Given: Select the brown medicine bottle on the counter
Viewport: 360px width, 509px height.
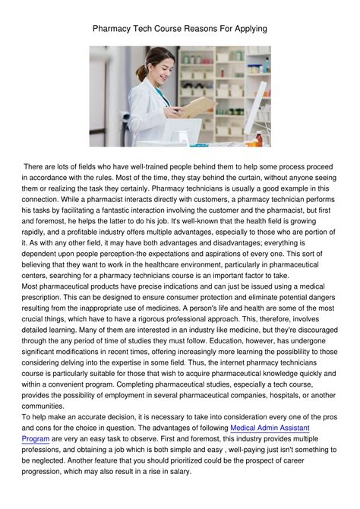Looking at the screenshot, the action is (258, 138).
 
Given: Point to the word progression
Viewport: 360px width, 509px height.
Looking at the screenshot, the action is (50, 472).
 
